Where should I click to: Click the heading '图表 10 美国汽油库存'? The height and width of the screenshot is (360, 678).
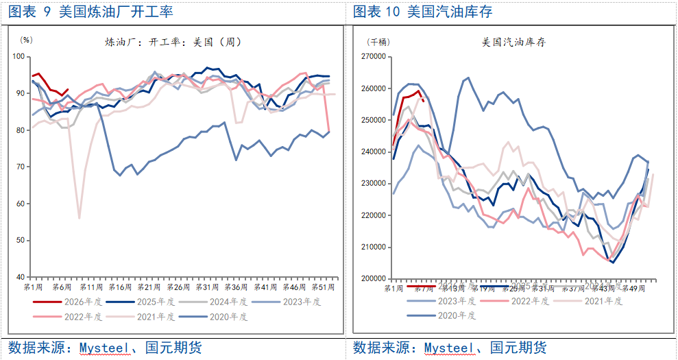tap(422, 12)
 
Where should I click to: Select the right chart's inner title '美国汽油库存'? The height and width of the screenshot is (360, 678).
tap(513, 42)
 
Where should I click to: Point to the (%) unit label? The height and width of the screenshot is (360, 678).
tap(26, 40)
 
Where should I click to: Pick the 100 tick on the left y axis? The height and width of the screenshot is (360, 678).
tap(21, 56)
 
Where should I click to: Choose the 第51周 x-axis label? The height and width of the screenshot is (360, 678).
tap(323, 287)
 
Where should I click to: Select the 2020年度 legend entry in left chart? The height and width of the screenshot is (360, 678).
tap(229, 316)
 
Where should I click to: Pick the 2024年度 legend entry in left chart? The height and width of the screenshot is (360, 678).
tap(229, 301)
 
